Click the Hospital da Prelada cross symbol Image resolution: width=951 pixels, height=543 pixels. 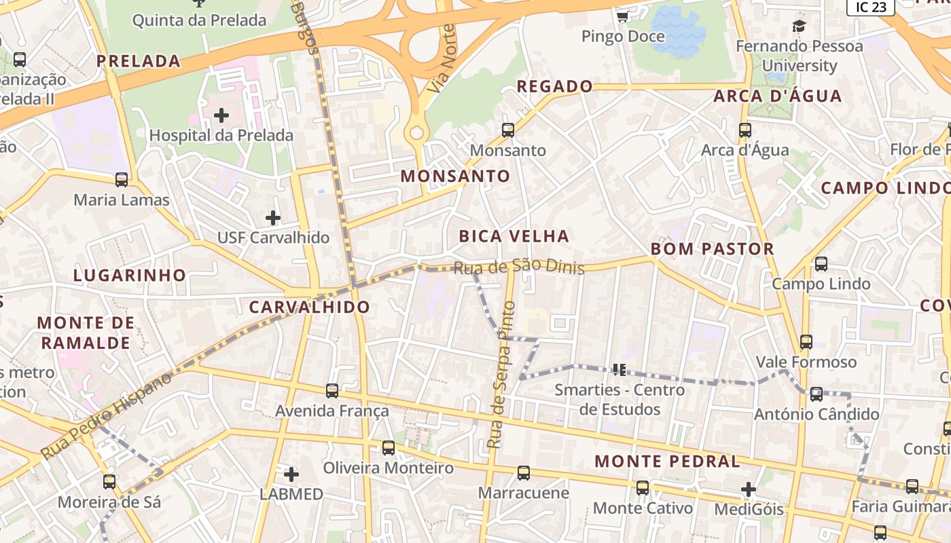click(x=221, y=115)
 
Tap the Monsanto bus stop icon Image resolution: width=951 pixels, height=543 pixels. click(x=507, y=130)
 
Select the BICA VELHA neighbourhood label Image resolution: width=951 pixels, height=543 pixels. click(x=514, y=236)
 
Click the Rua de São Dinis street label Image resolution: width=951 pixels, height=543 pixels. click(x=519, y=267)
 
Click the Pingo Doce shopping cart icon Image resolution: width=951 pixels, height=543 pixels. click(x=622, y=16)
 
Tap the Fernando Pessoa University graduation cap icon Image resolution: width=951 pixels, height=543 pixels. click(x=799, y=26)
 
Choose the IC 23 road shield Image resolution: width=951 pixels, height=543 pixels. click(x=870, y=7)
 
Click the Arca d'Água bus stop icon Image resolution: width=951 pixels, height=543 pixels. click(x=745, y=130)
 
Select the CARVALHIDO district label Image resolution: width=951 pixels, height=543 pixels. click(x=310, y=307)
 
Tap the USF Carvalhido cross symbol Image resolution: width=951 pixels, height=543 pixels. click(x=273, y=218)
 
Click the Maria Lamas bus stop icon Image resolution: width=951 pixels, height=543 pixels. click(x=122, y=180)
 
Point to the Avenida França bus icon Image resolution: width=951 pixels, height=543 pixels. click(x=332, y=391)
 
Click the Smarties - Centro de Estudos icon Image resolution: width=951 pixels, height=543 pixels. click(x=619, y=370)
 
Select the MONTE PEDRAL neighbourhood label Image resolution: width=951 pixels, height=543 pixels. click(x=667, y=462)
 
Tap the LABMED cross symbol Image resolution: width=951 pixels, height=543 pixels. click(x=291, y=474)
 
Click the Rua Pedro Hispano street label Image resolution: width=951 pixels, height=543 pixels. click(x=107, y=416)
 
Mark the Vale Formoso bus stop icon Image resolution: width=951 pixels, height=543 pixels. click(x=806, y=342)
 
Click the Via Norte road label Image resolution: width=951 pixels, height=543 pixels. click(x=443, y=59)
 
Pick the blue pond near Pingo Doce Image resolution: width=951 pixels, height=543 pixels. click(x=680, y=31)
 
